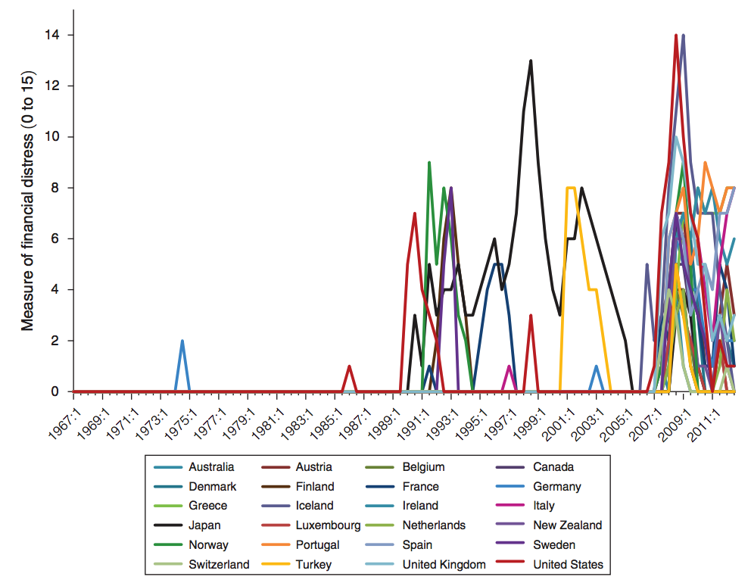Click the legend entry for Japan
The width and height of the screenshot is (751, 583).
(204, 525)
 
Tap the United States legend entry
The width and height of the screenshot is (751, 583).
(568, 564)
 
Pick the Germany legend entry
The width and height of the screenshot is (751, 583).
(557, 487)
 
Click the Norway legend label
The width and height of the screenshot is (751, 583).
(208, 544)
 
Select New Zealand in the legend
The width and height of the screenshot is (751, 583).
(567, 525)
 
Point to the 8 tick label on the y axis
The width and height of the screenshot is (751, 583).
(58, 188)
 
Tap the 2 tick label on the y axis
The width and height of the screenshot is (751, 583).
(58, 341)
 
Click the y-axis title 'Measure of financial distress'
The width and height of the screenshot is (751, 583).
(28, 200)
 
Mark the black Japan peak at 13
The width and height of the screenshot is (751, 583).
(531, 61)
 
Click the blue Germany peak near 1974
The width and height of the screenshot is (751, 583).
(182, 341)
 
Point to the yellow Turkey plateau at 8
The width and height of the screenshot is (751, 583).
(571, 188)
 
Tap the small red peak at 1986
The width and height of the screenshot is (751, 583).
(349, 367)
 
